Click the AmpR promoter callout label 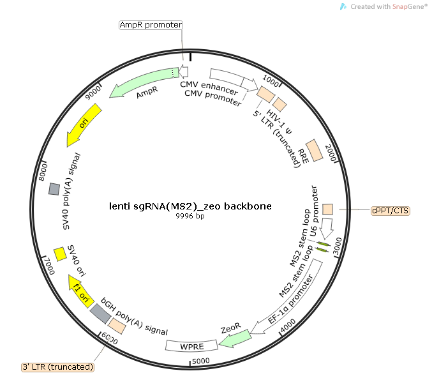pyautogui.click(x=151, y=25)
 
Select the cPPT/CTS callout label pyautogui.click(x=390, y=211)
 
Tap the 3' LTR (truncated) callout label pyautogui.click(x=58, y=367)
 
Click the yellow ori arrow pyautogui.click(x=84, y=124)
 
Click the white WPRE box pyautogui.click(x=191, y=346)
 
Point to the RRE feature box pyautogui.click(x=315, y=151)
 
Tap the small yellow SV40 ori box pyautogui.click(x=60, y=254)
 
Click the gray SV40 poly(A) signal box pyautogui.click(x=54, y=189)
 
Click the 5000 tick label pyautogui.click(x=201, y=361)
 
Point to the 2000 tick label pyautogui.click(x=331, y=153)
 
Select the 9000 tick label pyautogui.click(x=93, y=93)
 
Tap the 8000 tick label pyautogui.click(x=43, y=172)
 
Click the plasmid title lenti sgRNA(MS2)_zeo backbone pyautogui.click(x=190, y=206)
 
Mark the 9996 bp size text pyautogui.click(x=190, y=216)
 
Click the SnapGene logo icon pyautogui.click(x=343, y=6)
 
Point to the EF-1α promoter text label pyautogui.click(x=291, y=299)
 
